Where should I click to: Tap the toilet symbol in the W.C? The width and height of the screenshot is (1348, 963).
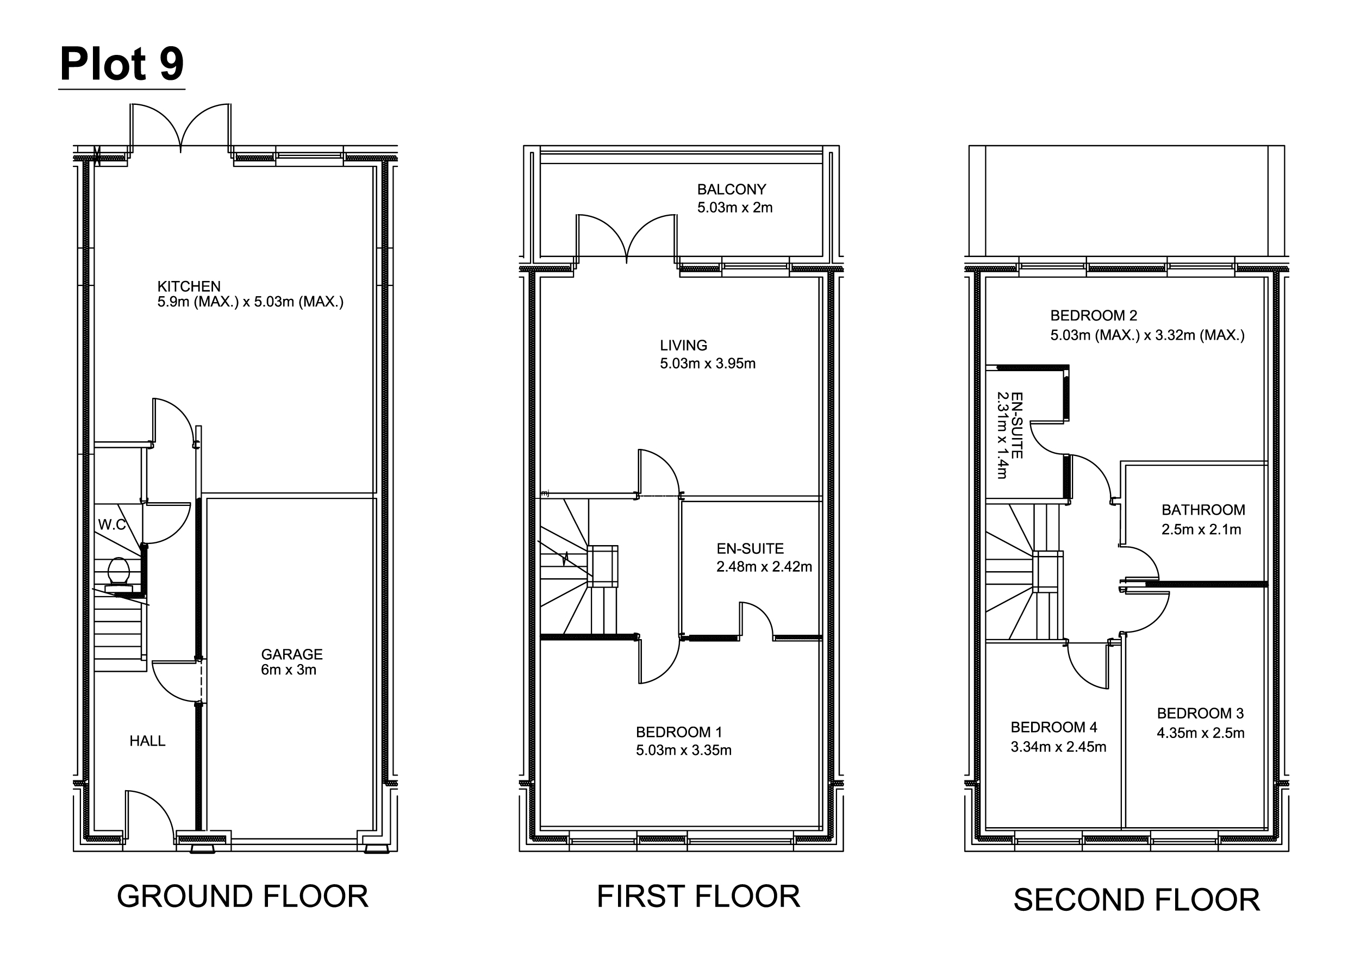118,574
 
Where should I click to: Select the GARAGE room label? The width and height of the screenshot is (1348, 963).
292,654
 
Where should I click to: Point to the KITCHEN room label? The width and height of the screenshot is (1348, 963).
189,286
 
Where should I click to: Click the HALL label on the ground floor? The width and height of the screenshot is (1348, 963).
148,741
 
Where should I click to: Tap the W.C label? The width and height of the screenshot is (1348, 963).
112,524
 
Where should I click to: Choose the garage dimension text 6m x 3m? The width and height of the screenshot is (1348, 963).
288,670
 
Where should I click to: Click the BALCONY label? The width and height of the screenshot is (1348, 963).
731,189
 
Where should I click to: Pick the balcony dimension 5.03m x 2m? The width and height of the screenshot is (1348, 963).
735,208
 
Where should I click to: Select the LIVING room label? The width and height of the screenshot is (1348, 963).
683,345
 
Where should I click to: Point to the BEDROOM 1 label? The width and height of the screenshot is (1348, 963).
679,733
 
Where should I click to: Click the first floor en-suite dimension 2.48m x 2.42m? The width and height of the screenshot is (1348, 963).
764,566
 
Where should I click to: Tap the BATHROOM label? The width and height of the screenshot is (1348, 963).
1203,510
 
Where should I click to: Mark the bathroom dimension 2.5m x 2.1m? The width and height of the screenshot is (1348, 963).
1201,529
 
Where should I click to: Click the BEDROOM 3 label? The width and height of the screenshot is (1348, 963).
1200,714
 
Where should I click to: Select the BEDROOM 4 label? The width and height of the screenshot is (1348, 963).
1054,727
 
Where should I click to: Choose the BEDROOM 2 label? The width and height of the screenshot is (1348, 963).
1094,315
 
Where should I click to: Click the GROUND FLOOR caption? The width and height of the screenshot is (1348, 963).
242,896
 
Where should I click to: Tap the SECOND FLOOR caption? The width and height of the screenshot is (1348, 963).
1136,899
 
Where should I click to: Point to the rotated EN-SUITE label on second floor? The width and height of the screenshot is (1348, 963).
1016,425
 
